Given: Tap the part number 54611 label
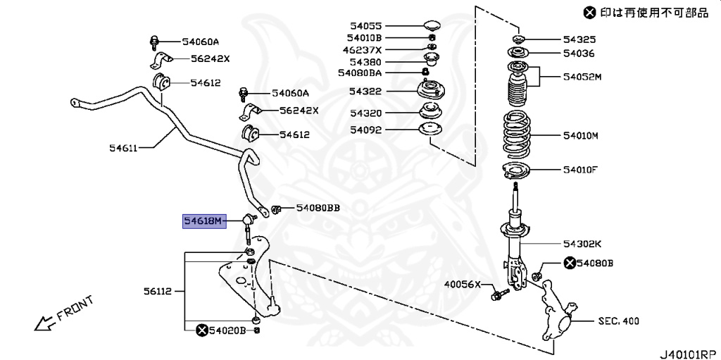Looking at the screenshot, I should pyautogui.click(x=123, y=148).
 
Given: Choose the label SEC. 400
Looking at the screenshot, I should pyautogui.click(x=618, y=321).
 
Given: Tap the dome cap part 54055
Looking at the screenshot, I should pyautogui.click(x=432, y=27).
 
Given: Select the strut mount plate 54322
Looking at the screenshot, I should pyautogui.click(x=430, y=92).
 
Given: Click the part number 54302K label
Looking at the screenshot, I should pyautogui.click(x=582, y=244).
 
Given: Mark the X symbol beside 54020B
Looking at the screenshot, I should pyautogui.click(x=202, y=330).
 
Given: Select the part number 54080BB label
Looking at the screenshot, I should pyautogui.click(x=318, y=208).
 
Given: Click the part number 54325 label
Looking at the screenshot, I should pyautogui.click(x=579, y=39).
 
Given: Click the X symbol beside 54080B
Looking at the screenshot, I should pyautogui.click(x=569, y=263).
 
